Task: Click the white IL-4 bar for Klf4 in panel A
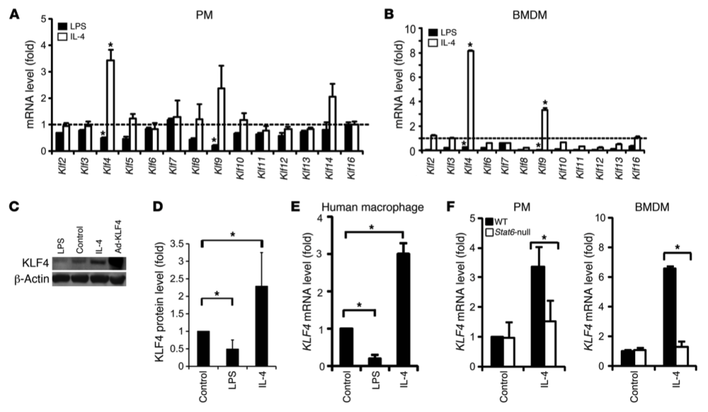pos(111,106)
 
